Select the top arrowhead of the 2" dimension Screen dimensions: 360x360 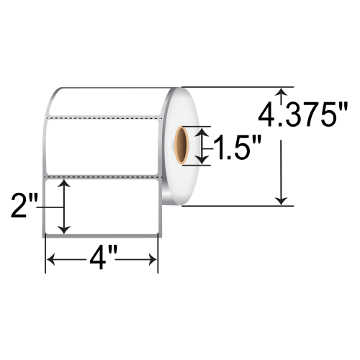point(66,185)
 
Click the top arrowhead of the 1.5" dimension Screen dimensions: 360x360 point(204,130)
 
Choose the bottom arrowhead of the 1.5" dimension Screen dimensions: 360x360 point(204,161)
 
